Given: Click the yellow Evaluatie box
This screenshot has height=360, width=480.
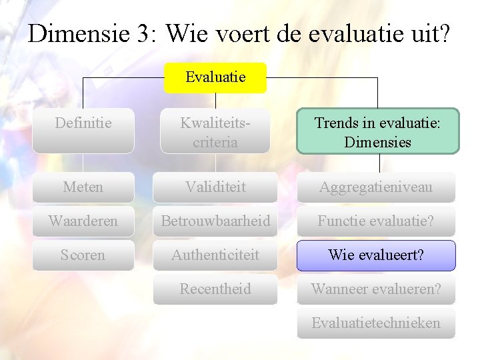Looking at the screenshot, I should [215, 77].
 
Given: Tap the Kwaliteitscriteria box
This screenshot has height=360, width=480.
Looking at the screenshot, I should [215, 131].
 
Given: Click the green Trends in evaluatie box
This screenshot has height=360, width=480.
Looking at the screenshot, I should [377, 131].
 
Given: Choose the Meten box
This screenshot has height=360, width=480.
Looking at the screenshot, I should [83, 187].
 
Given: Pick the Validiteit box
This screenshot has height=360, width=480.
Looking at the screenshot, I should [215, 187].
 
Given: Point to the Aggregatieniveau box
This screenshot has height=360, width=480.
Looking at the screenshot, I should [376, 187].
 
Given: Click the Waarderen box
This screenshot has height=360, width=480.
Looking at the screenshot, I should [83, 221].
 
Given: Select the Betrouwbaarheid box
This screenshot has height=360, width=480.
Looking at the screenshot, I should [215, 221].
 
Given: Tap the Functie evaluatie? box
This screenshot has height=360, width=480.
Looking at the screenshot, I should [376, 221].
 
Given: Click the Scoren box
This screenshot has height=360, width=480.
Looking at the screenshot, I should [83, 255].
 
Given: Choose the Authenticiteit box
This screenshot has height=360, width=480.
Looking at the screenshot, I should [215, 255].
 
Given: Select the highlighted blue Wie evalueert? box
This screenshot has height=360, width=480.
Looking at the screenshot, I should [376, 255].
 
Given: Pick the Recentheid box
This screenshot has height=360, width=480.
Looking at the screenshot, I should [215, 289].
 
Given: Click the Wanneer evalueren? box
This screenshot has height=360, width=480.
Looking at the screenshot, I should [376, 289].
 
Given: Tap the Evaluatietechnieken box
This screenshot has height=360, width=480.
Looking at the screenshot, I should [376, 323].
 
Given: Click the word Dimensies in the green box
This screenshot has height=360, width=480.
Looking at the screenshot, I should [377, 142].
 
